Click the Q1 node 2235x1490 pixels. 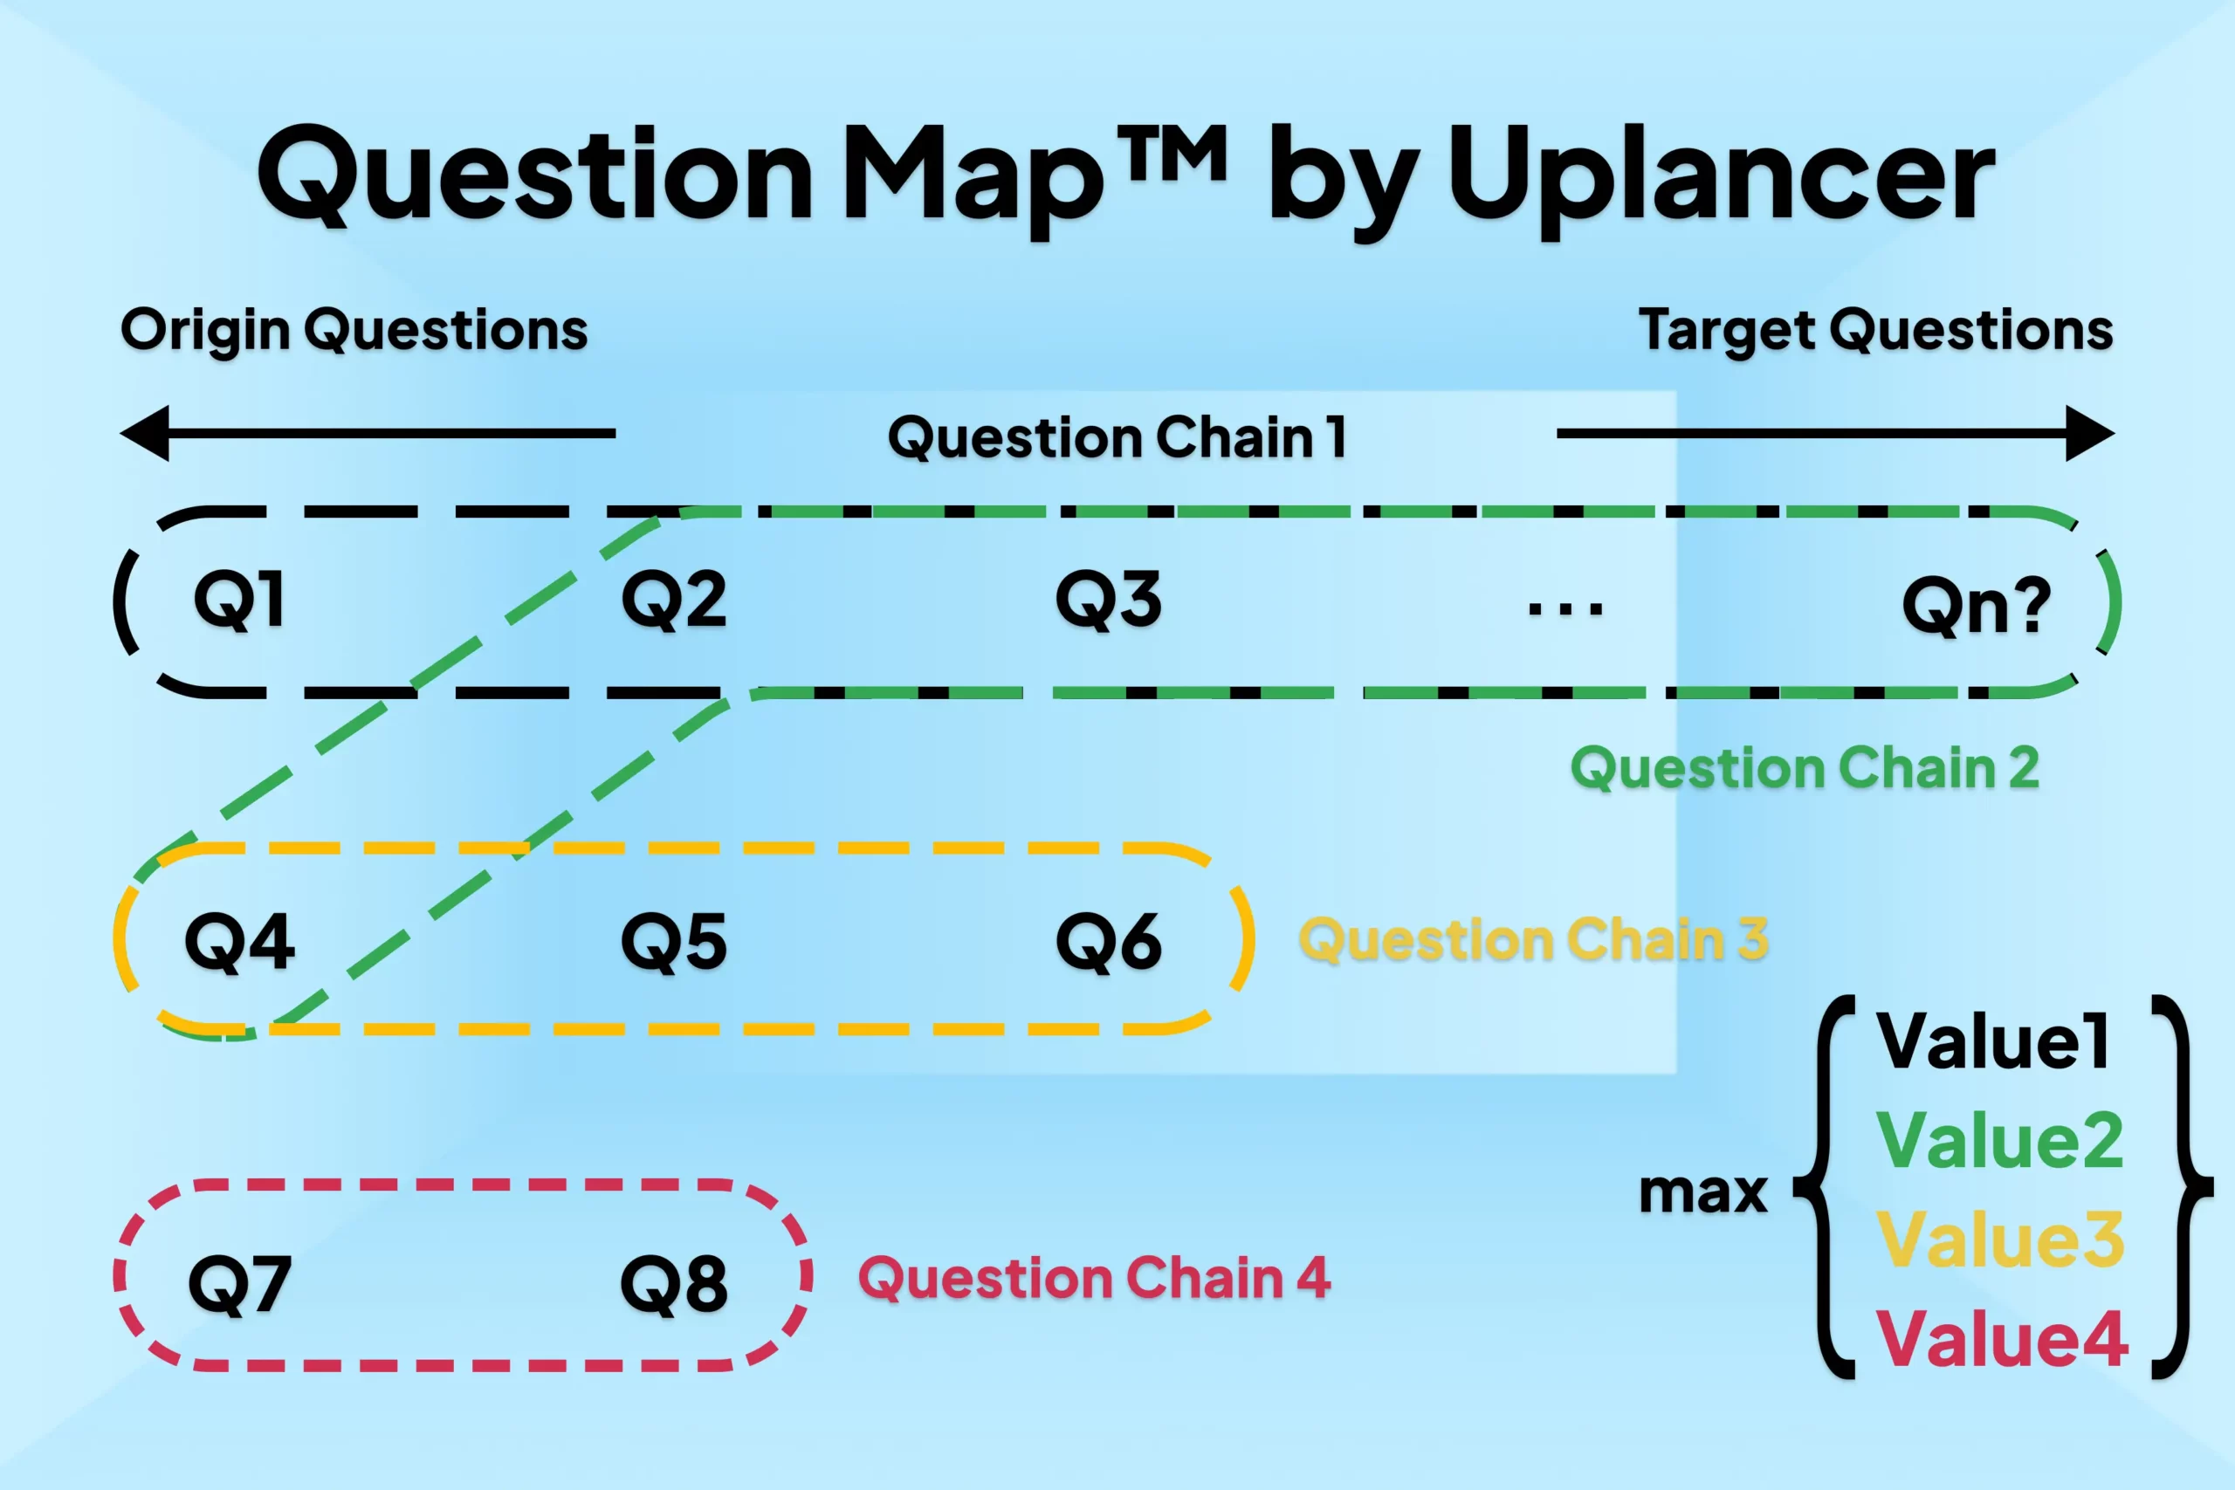pos(238,601)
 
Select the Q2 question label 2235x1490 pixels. pos(674,601)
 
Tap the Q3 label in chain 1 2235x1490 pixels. pos(1108,601)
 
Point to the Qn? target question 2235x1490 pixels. pos(1976,605)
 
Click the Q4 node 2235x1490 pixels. pos(239,942)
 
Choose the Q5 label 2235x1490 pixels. pos(674,942)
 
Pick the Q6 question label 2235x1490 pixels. pos(1108,942)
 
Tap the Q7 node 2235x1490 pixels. pos(239,1284)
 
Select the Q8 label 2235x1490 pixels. pos(674,1284)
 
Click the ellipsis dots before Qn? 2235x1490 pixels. pos(1565,608)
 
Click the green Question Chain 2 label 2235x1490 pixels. pos(1805,768)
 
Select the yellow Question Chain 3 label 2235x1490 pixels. pos(1534,940)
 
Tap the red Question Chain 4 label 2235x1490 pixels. pos(1094,1278)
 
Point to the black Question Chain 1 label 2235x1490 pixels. pos(1117,438)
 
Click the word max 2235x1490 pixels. pos(1702,1192)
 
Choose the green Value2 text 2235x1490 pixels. pos(1999,1140)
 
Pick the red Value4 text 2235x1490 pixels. pos(2002,1338)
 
